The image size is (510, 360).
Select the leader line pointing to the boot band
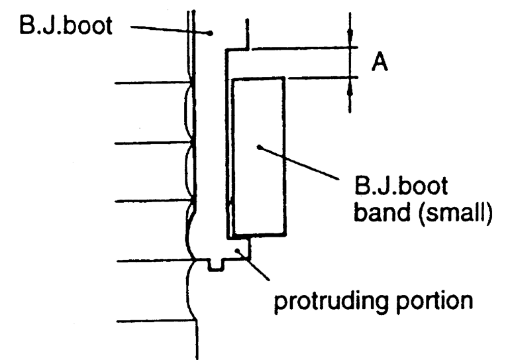click(x=301, y=163)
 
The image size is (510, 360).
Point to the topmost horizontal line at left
click(x=152, y=84)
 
